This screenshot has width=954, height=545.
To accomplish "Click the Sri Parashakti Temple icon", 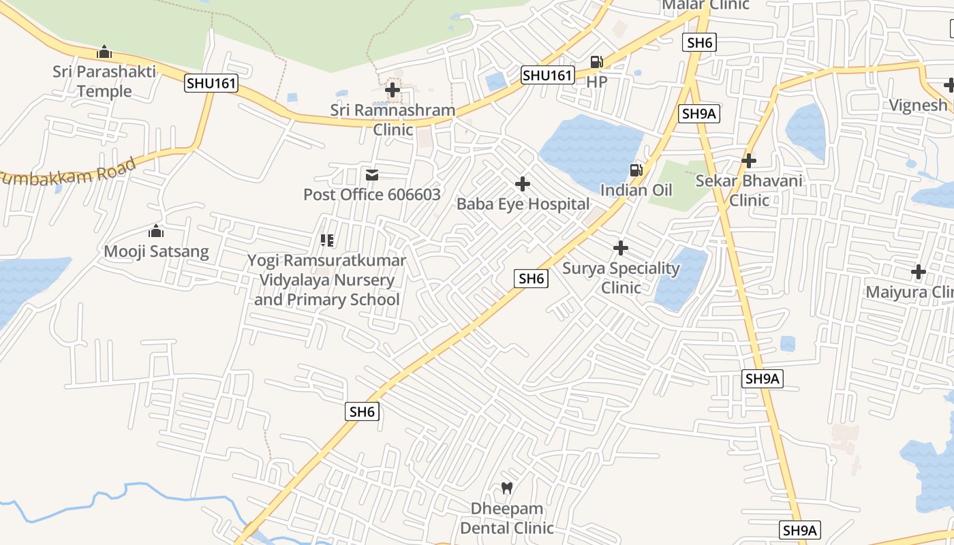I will (x=104, y=52).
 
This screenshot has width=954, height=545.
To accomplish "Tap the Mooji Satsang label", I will (x=156, y=251).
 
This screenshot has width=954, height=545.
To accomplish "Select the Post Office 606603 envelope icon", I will (x=372, y=175).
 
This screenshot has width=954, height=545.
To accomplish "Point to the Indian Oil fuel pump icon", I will (x=636, y=170).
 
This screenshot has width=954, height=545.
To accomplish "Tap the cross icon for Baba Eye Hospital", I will (x=523, y=184).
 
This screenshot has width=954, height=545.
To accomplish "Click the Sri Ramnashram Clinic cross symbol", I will (x=393, y=89).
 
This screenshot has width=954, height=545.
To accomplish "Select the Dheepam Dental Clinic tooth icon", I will (x=506, y=488).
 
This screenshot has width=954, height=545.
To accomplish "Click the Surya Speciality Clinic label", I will (x=621, y=277).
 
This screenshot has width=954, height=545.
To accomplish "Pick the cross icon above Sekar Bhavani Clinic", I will (x=749, y=161).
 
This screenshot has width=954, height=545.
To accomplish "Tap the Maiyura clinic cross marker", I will (x=919, y=272).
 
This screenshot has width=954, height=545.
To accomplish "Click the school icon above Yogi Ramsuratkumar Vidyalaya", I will (x=327, y=240).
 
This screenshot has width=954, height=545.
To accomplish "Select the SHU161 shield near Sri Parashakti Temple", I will (x=211, y=83).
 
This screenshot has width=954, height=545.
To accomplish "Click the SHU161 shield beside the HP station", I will (x=547, y=75).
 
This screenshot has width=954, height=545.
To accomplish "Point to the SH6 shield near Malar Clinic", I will (x=699, y=42).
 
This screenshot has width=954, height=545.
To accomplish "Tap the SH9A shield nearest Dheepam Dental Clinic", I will (x=800, y=530).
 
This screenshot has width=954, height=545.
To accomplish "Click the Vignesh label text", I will (x=918, y=105).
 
